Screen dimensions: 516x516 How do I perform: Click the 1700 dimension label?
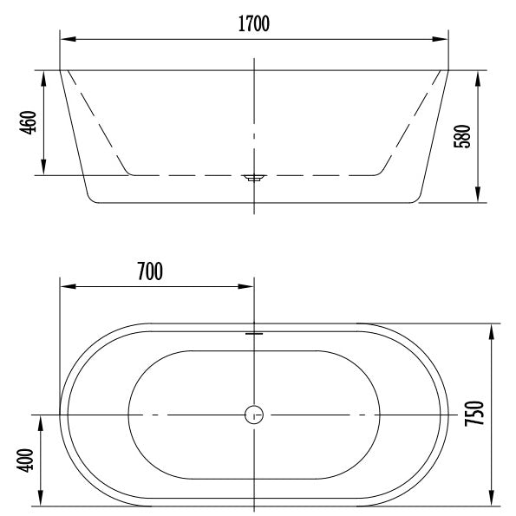point(254,23)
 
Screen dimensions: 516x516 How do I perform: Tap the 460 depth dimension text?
point(28,122)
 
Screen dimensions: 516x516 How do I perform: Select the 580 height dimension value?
point(462,136)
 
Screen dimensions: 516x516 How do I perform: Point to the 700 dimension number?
point(150,271)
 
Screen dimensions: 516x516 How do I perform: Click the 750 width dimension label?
point(474,414)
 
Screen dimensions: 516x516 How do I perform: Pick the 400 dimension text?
point(25,460)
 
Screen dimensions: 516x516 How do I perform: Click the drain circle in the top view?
point(254,415)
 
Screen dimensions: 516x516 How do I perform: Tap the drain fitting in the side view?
point(254,178)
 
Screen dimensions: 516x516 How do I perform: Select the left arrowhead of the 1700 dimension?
point(69,39)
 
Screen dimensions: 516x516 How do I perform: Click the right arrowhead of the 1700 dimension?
point(440,39)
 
